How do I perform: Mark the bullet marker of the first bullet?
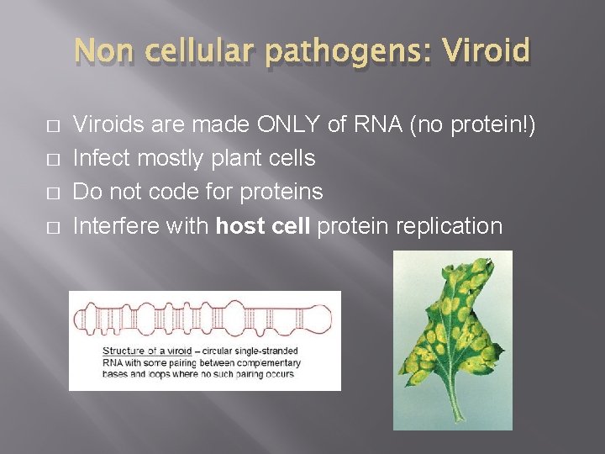54,126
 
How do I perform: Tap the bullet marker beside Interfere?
54,227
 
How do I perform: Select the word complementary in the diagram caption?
271,362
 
